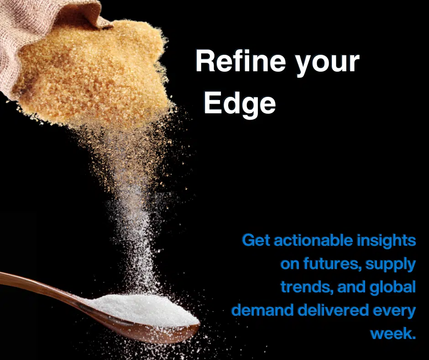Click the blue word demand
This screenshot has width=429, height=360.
click(262, 310)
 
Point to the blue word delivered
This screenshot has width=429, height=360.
click(333, 310)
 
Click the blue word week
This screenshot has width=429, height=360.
click(393, 334)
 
